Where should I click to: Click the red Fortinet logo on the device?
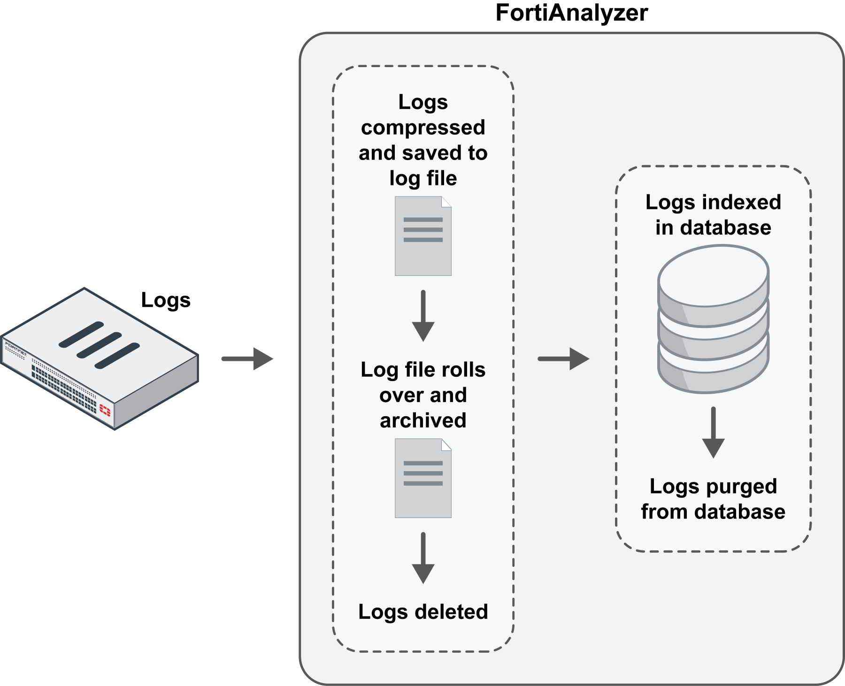(105, 412)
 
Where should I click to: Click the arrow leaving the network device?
(247, 359)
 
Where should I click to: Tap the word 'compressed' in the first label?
(423, 128)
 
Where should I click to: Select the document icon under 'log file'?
(423, 236)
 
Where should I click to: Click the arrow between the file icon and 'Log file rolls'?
(423, 315)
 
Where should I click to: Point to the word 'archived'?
(423, 420)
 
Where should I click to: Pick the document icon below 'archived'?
(423, 478)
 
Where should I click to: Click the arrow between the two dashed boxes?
(563, 359)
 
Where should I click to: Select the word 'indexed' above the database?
(741, 202)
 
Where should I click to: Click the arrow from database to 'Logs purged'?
(713, 432)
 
